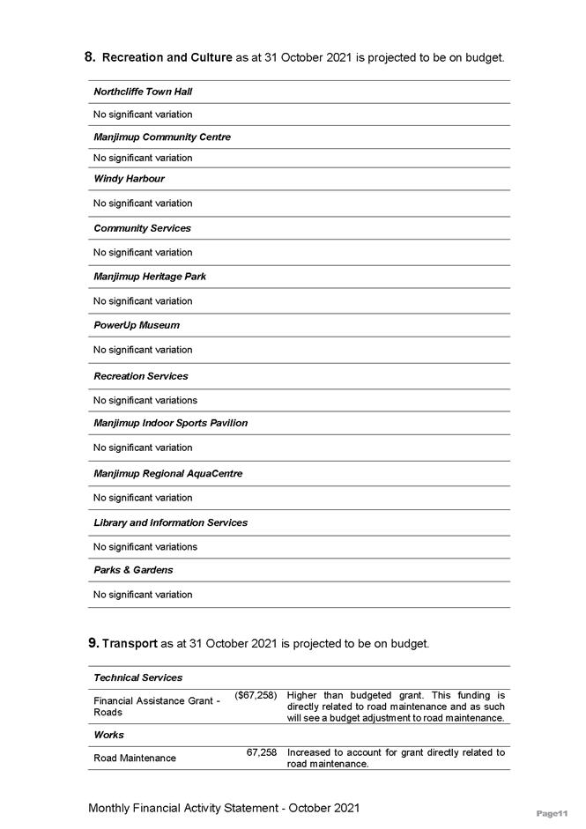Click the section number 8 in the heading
click(90, 57)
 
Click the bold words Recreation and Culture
click(167, 58)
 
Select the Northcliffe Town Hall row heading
click(143, 92)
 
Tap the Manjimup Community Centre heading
click(162, 137)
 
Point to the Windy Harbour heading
click(129, 179)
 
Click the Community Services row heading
click(142, 228)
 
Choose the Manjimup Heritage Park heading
click(150, 277)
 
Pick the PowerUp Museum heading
click(137, 325)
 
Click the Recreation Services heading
click(141, 376)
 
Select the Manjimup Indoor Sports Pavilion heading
click(170, 423)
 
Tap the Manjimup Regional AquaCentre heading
click(167, 474)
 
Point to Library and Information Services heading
click(170, 522)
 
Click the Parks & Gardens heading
click(133, 570)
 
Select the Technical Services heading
click(138, 677)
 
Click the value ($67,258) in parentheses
click(256, 696)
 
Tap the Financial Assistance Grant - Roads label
click(156, 706)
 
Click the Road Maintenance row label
click(135, 758)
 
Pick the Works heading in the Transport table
click(108, 735)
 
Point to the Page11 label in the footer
click(553, 814)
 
